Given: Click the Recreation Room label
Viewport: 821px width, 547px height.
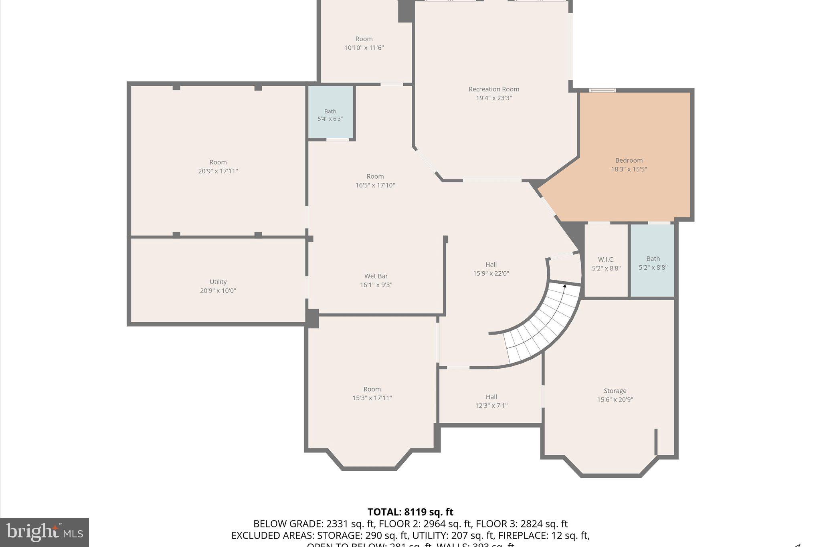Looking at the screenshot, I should tap(493, 89).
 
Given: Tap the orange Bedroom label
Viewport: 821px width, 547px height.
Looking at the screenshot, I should tap(629, 160).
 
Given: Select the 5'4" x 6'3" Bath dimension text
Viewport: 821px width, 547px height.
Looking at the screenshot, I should tap(330, 119).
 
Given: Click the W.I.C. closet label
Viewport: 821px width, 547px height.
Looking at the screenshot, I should tap(606, 260).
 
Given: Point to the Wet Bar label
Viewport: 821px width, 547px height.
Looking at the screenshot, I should tap(376, 276).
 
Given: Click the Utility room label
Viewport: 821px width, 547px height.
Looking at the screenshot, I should tap(218, 282).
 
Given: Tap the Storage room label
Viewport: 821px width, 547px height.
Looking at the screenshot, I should tap(615, 391).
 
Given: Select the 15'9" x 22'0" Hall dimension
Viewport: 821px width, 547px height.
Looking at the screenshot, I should tap(491, 273).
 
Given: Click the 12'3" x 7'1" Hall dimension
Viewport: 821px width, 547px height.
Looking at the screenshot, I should tap(491, 406).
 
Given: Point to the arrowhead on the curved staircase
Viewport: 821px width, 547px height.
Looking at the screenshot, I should tap(565, 286).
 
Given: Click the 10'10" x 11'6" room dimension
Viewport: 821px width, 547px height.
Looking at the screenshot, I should tap(364, 48).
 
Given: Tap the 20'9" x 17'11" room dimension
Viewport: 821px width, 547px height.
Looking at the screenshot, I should tap(218, 171).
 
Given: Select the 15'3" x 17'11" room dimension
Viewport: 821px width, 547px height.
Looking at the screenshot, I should tap(372, 398).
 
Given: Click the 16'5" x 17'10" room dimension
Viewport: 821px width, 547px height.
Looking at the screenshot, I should tap(375, 185).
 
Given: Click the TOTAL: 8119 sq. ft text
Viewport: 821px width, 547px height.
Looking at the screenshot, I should tap(410, 512).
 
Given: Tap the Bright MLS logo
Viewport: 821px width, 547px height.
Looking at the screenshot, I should tap(44, 532).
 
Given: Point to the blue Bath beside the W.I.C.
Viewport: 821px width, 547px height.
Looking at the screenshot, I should tap(653, 263).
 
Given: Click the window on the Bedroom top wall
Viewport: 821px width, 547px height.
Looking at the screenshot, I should tap(603, 91).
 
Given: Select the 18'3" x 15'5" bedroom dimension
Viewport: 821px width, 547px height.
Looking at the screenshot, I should tap(629, 169).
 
